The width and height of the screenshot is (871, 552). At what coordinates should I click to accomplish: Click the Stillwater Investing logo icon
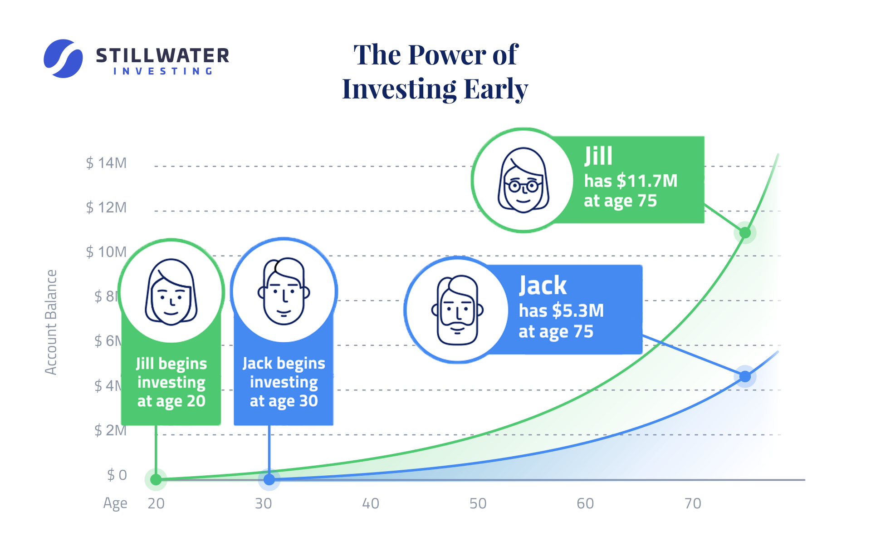[63, 59]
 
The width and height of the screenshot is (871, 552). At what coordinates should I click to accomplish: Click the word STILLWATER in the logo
[162, 56]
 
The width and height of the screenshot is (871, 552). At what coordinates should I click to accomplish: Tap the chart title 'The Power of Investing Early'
[435, 71]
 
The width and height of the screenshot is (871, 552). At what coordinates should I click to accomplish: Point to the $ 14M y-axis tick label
[106, 163]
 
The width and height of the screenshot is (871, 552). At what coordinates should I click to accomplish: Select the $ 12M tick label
[106, 207]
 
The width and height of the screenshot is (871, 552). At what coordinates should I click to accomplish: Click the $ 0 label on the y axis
[117, 475]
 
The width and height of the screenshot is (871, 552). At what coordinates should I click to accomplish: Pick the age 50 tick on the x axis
[478, 503]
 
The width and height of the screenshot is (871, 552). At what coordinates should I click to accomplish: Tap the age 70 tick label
[693, 503]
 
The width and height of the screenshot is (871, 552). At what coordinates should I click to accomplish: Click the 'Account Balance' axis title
[51, 322]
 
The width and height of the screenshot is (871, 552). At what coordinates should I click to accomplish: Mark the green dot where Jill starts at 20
[156, 479]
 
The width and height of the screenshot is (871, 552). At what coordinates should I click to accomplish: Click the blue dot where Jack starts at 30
[269, 479]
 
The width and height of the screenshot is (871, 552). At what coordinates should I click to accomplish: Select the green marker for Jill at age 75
[745, 233]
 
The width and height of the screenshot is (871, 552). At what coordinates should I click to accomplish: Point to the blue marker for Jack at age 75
[745, 376]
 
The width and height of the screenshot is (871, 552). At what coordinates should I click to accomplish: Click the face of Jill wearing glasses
[524, 181]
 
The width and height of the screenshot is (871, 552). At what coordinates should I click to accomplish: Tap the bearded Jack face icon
[457, 310]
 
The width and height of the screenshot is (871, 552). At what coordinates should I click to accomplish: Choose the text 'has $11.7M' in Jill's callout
[631, 181]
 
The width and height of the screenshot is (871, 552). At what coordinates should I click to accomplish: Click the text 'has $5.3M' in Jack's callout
[561, 310]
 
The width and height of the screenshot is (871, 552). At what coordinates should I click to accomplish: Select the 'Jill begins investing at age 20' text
[171, 382]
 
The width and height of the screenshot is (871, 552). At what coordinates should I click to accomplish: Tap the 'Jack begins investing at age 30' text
[284, 382]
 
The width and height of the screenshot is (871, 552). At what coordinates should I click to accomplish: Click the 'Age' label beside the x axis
[115, 503]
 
